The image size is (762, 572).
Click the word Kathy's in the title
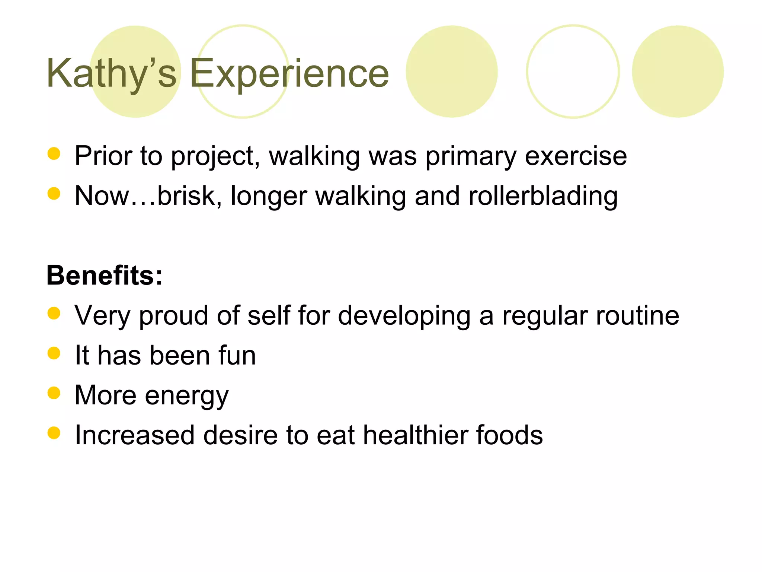click(111, 73)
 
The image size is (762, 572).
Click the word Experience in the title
click(289, 73)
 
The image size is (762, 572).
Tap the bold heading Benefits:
click(105, 276)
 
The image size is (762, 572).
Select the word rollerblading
click(543, 196)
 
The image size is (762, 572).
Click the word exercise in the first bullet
click(576, 156)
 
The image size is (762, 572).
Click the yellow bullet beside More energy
click(54, 393)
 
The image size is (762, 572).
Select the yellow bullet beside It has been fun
click(54, 353)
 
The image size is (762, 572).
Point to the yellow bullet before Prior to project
click(54, 153)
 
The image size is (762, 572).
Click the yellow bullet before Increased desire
click(54, 433)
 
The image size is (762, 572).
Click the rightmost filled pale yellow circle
click(678, 71)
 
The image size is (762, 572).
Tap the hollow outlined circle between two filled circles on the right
click(573, 71)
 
